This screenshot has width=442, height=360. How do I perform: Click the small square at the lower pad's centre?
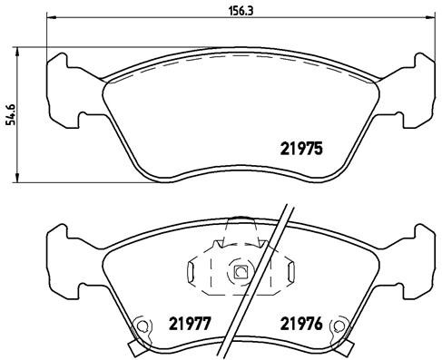[240, 271]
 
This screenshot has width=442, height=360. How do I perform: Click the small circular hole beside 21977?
[141, 329]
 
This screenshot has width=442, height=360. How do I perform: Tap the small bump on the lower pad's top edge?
[240, 219]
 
